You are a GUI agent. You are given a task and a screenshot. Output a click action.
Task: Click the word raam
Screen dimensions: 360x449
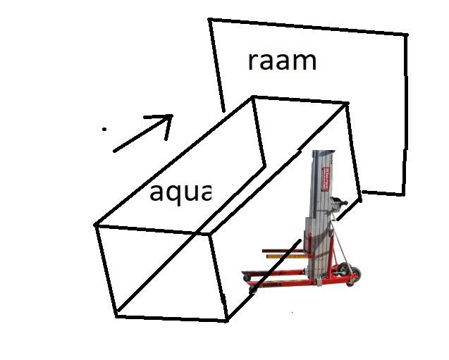tap(282, 61)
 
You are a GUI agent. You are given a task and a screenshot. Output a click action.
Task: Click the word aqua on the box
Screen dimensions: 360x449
tap(180, 191)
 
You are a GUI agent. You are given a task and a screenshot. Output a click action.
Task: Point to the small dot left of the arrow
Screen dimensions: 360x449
tap(104, 129)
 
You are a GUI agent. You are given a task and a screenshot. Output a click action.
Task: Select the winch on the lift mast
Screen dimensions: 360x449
tap(343, 205)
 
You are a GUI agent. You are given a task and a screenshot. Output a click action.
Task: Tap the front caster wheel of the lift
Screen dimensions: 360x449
tap(252, 290)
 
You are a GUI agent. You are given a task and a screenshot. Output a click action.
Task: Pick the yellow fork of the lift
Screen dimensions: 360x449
tap(286, 256)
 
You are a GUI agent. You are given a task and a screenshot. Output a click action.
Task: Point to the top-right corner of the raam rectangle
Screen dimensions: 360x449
tap(407, 35)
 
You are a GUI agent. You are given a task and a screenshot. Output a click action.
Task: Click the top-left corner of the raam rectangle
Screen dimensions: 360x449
tap(209, 20)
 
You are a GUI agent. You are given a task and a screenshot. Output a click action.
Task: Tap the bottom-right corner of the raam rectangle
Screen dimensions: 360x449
tap(405, 194)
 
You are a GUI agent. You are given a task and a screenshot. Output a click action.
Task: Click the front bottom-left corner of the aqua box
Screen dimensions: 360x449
tap(116, 316)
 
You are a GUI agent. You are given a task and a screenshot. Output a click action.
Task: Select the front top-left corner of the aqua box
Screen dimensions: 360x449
tap(96, 225)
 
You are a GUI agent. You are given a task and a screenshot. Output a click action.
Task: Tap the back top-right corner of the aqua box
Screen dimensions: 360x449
tap(347, 103)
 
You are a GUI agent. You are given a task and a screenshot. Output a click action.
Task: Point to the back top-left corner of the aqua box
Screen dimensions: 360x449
tap(253, 97)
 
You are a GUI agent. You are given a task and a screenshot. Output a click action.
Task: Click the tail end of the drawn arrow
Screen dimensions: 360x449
tap(114, 150)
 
